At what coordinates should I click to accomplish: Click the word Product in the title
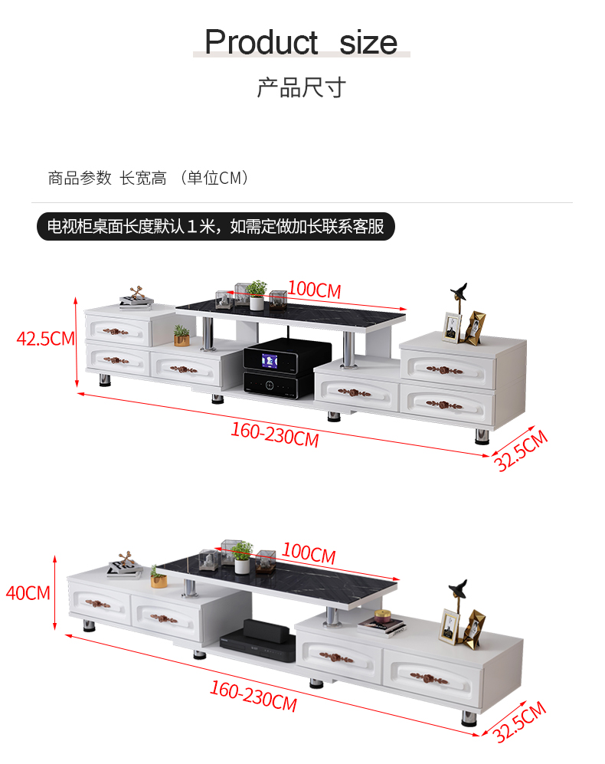coord(261,42)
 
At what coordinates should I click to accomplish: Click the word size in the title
coord(368,42)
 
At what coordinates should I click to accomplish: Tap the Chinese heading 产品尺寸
coord(301,88)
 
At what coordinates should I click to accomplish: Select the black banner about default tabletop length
coord(216,227)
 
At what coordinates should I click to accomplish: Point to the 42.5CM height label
coord(45,338)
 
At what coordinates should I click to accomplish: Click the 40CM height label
coord(28,592)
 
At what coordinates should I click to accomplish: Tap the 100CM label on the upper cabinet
coord(314,290)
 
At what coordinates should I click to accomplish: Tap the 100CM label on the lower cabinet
coord(308,553)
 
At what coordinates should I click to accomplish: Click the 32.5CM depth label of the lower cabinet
coord(520,721)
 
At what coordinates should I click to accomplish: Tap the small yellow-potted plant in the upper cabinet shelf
coord(181,336)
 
